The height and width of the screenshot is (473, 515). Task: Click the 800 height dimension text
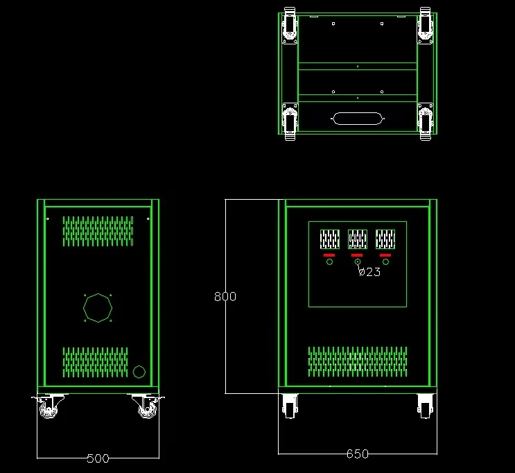pos(225,296)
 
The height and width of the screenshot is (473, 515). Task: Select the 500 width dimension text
pos(98,458)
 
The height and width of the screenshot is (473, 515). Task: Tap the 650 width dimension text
pos(358,454)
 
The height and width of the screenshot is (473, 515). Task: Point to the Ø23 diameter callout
pos(369,272)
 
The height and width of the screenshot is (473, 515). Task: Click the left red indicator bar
pos(329,255)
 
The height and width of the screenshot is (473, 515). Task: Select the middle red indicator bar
pos(357,255)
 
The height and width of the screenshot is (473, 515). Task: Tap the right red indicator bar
pos(385,255)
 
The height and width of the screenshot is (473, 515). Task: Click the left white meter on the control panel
pos(329,239)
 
